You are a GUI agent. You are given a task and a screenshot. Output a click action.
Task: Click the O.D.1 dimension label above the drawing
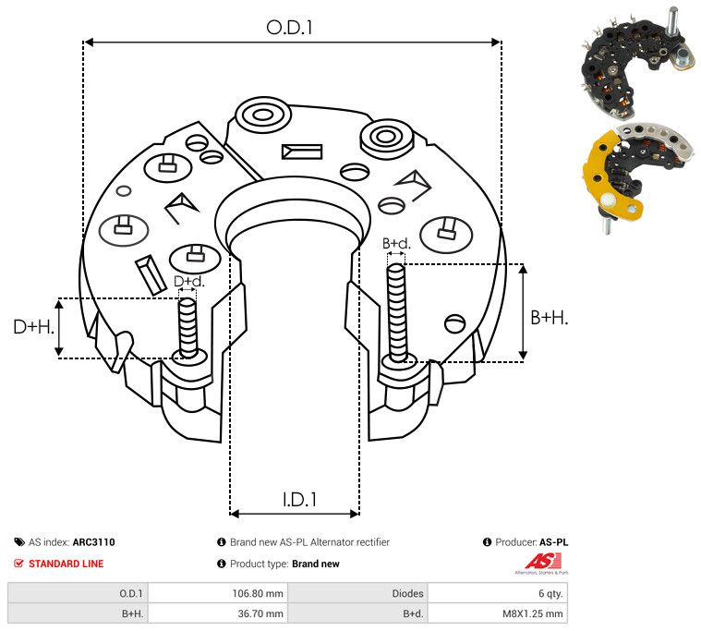289,28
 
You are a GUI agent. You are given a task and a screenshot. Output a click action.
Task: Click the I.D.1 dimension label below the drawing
299,500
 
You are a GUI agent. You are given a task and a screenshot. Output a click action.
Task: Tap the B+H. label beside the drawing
549,318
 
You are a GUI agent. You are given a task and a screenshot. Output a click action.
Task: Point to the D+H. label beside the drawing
33,327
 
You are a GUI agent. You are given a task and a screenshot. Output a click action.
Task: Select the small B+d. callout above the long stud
396,243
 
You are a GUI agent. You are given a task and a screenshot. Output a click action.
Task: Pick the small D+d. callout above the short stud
188,281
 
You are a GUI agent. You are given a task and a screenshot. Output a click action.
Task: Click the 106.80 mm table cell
258,593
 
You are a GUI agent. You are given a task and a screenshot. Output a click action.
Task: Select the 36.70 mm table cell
260,613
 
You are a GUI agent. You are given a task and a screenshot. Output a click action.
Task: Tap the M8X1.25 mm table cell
533,613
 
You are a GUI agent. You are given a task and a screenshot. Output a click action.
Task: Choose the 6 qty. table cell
550,593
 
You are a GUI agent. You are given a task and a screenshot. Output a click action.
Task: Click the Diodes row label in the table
407,593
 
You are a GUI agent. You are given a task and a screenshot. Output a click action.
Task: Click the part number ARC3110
94,542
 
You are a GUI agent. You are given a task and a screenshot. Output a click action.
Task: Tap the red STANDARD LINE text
66,564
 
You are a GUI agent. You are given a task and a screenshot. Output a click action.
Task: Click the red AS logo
543,561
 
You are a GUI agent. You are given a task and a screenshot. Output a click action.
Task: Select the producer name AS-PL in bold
554,542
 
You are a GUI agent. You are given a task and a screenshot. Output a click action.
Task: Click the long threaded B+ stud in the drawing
396,313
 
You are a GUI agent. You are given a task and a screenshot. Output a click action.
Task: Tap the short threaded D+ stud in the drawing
187,328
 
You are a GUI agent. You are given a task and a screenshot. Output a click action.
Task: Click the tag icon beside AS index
19,542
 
